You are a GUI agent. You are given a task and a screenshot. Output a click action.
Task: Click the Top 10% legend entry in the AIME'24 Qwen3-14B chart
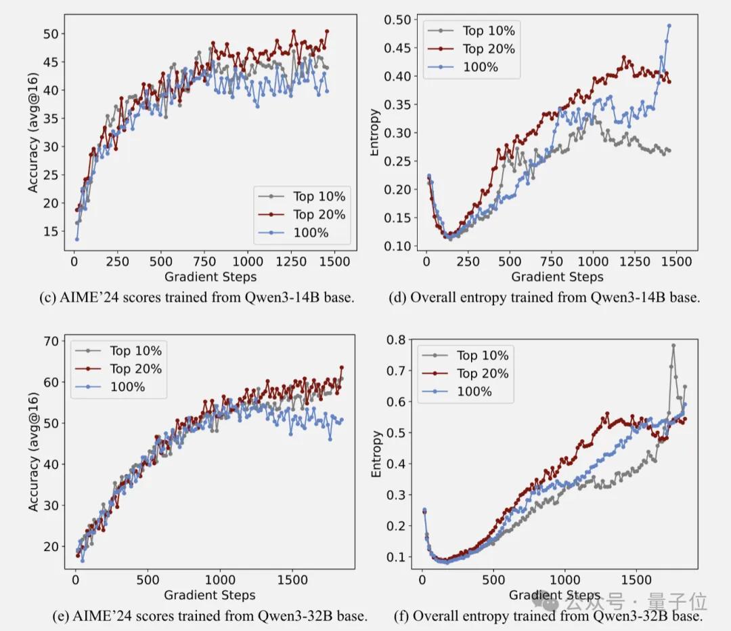coord(319,197)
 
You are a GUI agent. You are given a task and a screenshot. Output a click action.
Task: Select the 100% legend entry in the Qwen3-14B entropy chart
coord(480,67)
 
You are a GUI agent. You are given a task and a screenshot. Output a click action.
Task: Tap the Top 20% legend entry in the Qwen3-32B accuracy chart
coord(135,369)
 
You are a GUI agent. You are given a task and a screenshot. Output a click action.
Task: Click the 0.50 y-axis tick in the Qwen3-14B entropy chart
coord(399,20)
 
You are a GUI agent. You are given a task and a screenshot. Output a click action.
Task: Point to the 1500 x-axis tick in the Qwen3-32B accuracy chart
coord(292,581)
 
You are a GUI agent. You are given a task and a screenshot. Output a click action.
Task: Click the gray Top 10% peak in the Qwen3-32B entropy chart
coord(673,345)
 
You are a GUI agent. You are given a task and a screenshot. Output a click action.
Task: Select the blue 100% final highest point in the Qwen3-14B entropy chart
coord(669,26)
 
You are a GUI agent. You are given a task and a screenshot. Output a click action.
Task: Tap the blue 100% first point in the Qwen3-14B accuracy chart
coord(76,239)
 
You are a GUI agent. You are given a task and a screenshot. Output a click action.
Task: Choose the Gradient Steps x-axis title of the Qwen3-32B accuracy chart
coord(210,595)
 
